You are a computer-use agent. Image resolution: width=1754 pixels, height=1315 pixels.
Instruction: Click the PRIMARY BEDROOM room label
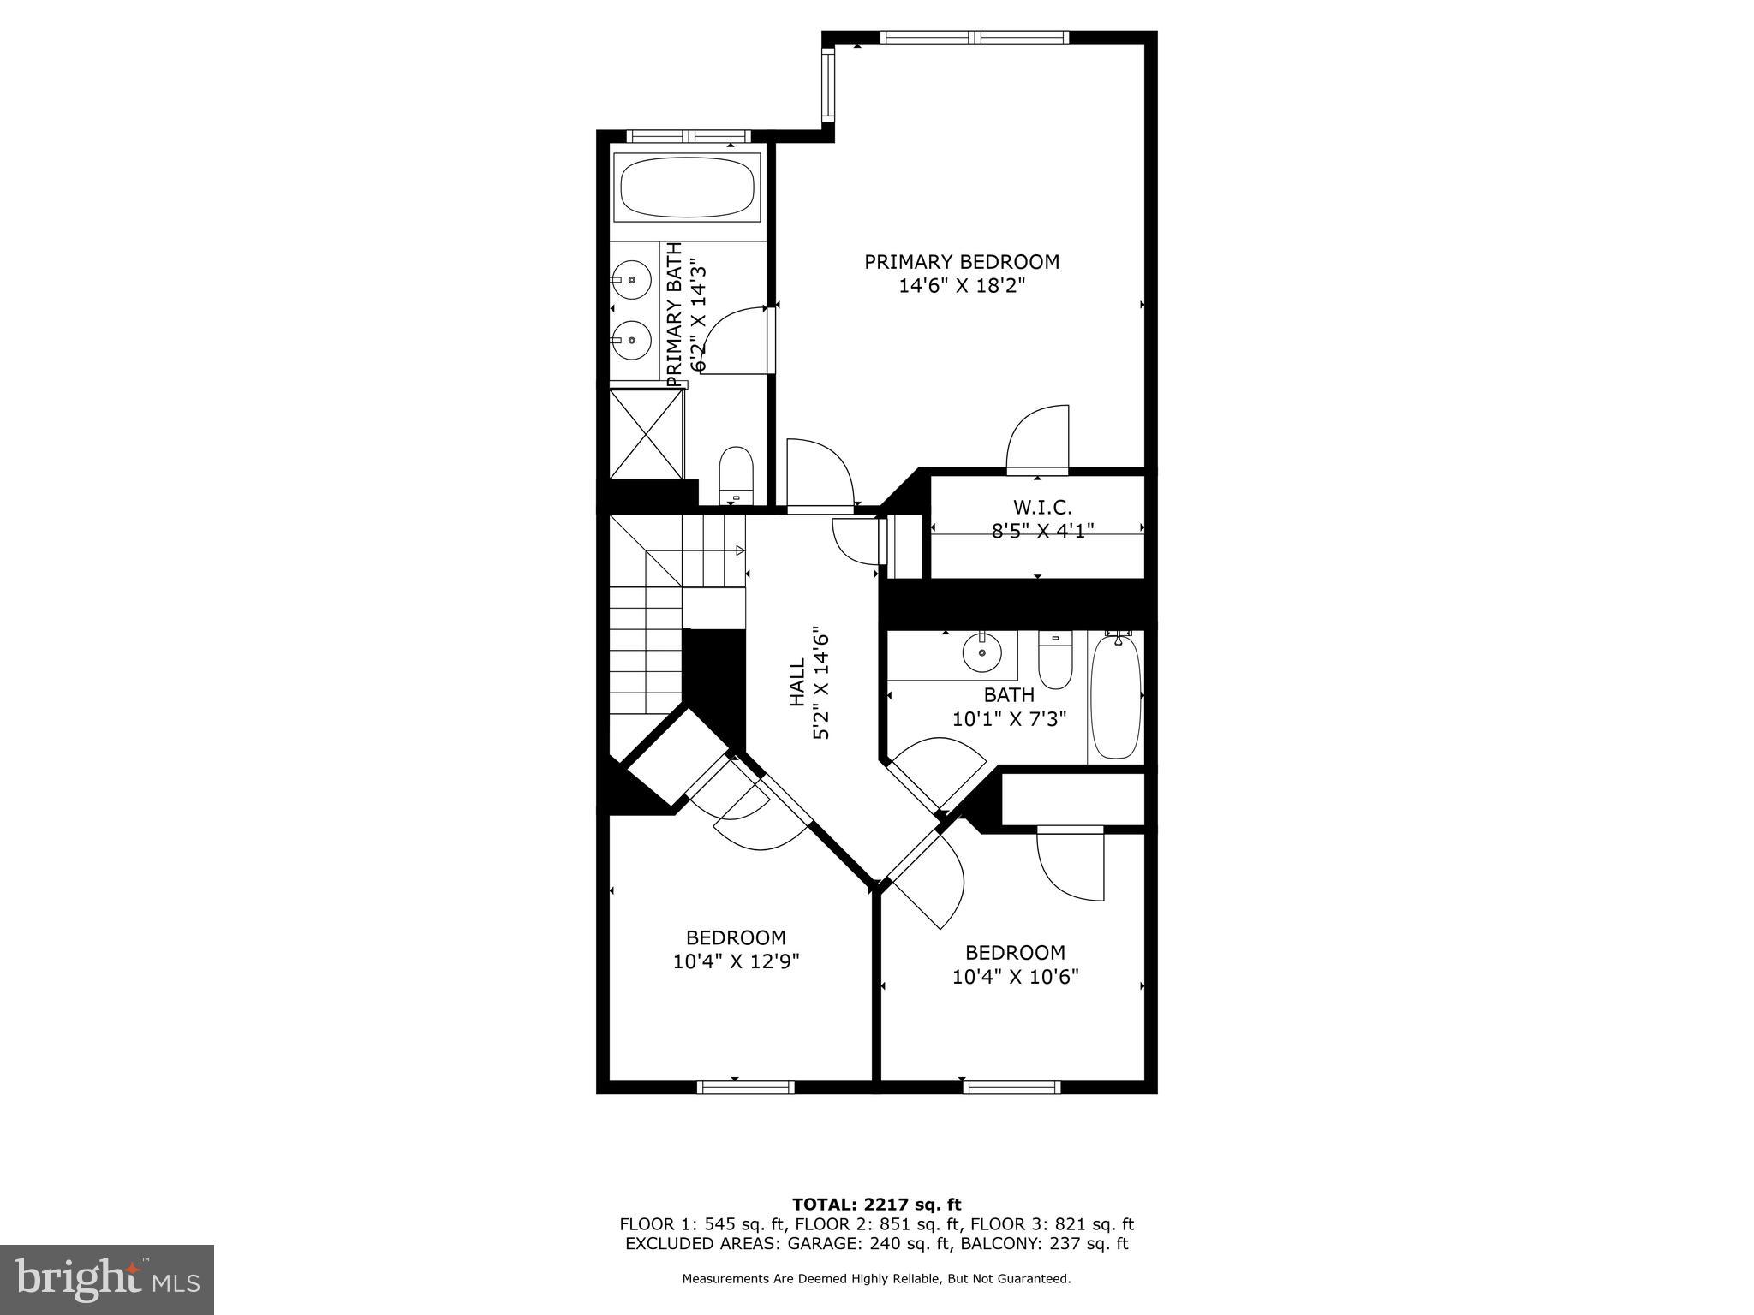tap(961, 262)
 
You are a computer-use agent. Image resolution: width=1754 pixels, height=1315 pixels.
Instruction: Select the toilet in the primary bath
tap(736, 475)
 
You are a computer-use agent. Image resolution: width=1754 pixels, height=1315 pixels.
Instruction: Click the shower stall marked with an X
tap(647, 433)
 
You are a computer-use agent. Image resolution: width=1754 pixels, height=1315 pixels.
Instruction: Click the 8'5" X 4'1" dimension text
tap(1042, 531)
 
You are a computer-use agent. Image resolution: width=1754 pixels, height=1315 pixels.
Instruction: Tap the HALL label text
tap(796, 682)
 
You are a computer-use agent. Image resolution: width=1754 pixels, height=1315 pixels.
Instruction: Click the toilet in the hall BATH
tap(1055, 659)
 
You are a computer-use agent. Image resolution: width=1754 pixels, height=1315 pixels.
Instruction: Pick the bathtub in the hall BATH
tap(1116, 695)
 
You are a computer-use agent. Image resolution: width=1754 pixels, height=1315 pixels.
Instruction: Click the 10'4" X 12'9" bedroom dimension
tap(736, 961)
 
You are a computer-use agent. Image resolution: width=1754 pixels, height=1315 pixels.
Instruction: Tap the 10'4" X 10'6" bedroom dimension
tap(1015, 976)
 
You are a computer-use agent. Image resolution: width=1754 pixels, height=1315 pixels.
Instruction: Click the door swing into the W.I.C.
tap(1038, 439)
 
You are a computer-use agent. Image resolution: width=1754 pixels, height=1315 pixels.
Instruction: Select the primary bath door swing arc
tap(733, 340)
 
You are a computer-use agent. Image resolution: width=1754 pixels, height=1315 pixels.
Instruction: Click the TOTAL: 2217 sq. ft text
tap(876, 1205)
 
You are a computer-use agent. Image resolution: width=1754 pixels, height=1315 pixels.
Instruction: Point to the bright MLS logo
tap(107, 1280)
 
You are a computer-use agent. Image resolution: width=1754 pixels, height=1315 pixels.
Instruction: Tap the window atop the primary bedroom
tap(974, 37)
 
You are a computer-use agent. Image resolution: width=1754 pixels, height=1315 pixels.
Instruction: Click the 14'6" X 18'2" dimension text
tap(961, 286)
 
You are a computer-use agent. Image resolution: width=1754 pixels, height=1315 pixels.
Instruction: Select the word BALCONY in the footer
tap(999, 1244)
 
